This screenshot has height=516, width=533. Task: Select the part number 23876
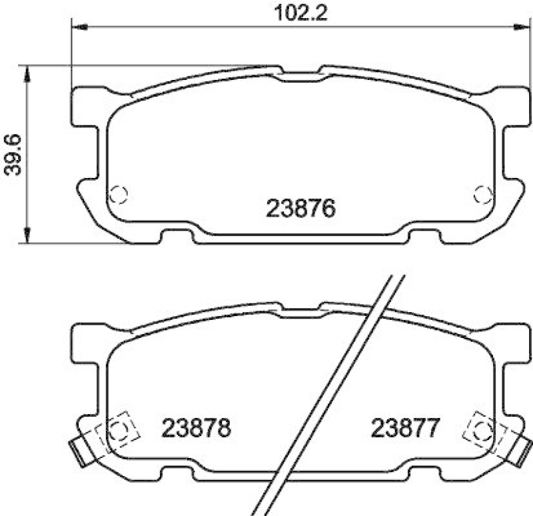click(300, 209)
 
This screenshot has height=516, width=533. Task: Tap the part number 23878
click(197, 427)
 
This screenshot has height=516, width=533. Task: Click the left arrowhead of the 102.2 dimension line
click(77, 27)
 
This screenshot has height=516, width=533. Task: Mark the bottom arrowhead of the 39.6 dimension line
click(27, 236)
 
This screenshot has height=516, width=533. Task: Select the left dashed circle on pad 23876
click(118, 194)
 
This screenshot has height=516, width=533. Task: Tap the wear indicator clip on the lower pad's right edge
click(522, 451)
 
